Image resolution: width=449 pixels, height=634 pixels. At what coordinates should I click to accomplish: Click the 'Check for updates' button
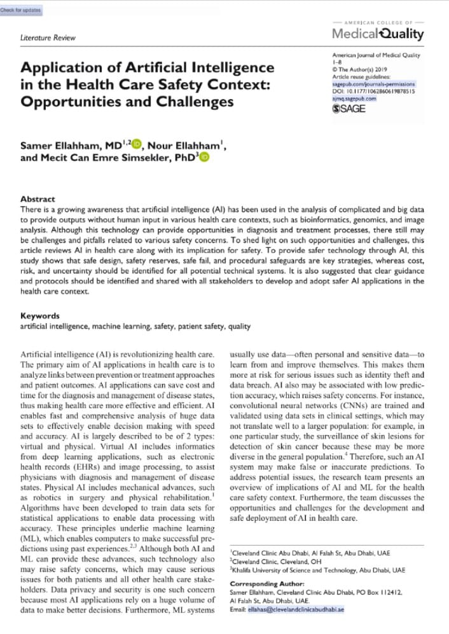pyautogui.click(x=20, y=10)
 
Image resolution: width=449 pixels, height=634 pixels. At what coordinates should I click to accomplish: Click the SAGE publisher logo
pyautogui.click(x=349, y=109)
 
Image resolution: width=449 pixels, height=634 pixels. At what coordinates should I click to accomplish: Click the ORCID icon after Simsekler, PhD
pyautogui.click(x=204, y=156)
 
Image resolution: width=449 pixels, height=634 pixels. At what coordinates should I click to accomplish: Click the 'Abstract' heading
pyautogui.click(x=38, y=199)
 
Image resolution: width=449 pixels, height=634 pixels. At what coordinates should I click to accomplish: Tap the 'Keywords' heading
pyautogui.click(x=39, y=315)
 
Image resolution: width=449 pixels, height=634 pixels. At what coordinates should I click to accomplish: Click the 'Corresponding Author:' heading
pyautogui.click(x=266, y=583)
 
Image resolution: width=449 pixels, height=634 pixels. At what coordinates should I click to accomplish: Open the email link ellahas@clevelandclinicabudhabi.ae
pyautogui.click(x=296, y=609)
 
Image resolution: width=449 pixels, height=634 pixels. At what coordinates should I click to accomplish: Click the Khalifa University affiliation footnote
pyautogui.click(x=317, y=570)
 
